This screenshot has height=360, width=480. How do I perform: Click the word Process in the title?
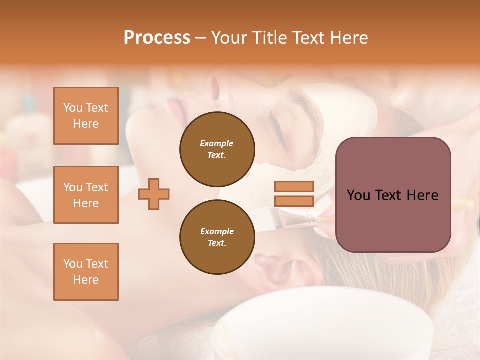pos(157,38)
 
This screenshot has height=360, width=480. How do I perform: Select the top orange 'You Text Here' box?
pos(86,116)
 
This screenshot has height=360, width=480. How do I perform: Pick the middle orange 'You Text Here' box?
pos(86,195)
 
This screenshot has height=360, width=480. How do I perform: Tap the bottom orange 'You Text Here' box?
pos(86,272)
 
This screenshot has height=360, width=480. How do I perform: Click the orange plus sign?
pos(154,194)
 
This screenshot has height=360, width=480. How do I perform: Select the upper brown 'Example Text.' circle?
pos(217,149)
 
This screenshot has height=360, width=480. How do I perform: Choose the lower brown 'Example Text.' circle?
pos(217,237)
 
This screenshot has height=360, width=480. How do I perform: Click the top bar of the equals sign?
pos(294,186)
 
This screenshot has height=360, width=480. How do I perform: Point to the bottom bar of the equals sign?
pos(294,201)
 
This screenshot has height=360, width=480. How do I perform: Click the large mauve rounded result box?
pos(393,220)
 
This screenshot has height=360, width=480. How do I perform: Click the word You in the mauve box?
pos(358,195)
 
